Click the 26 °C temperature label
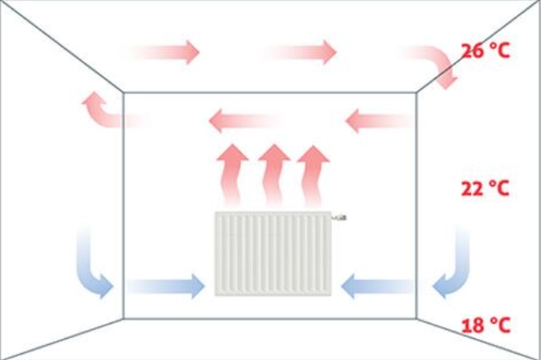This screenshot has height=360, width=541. tap(486, 50)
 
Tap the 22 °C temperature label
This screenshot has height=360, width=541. tap(486, 189)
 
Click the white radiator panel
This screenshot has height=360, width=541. tap(272, 254)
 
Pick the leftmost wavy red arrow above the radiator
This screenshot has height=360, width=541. tap(229, 175)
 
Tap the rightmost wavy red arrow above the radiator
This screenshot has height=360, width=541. tap(314, 175)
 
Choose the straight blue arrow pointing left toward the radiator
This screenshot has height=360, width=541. tap(376, 287)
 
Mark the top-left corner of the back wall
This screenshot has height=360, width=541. tap(123, 91)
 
